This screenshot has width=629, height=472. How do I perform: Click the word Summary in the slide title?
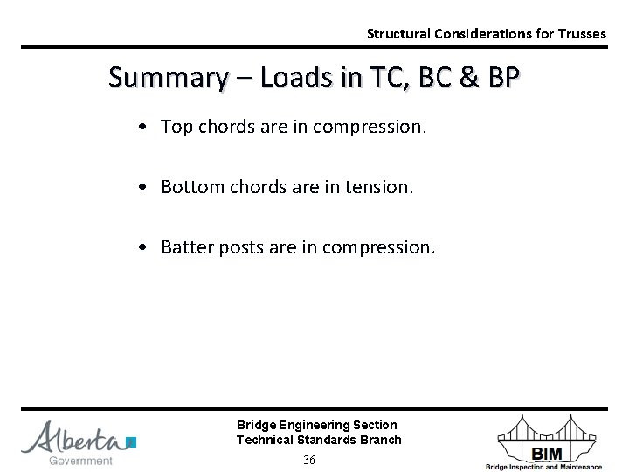pos(164,78)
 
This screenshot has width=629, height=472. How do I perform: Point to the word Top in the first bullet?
pos(176,128)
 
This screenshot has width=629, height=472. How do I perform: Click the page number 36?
pos(309,460)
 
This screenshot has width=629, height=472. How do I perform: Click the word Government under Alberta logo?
pos(80,461)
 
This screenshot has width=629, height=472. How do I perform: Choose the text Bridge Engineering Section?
pos(316,425)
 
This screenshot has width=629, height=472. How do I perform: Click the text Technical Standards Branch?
pos(319,440)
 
